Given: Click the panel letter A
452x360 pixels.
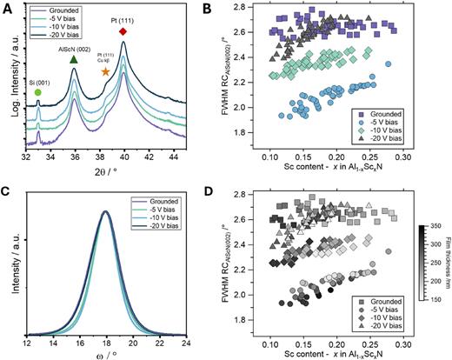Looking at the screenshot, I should [x=8, y=10].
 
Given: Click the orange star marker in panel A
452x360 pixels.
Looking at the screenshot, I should [x=105, y=70].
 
